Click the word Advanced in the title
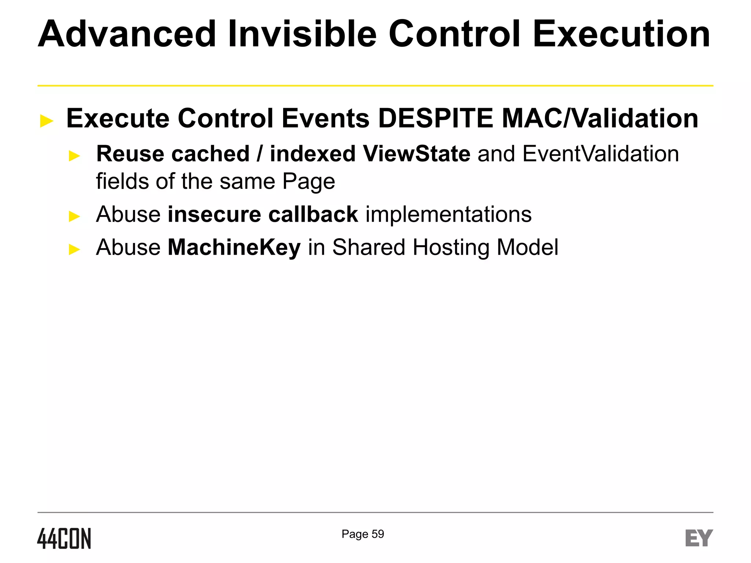coord(127,34)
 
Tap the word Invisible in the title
coord(302,34)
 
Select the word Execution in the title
coord(621,34)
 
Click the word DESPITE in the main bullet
coord(435,118)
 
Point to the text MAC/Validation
coord(600,118)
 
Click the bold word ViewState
coord(417,154)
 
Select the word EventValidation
coord(600,154)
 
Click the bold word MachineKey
coord(234,247)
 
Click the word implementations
coord(448,214)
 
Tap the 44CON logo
coord(64,538)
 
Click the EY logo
coord(699,538)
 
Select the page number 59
coord(378,534)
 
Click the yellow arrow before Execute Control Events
coord(47,121)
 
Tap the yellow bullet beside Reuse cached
coord(74,156)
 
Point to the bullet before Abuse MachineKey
coord(74,250)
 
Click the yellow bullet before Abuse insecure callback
coord(74,216)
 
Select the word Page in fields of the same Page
coord(308,181)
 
